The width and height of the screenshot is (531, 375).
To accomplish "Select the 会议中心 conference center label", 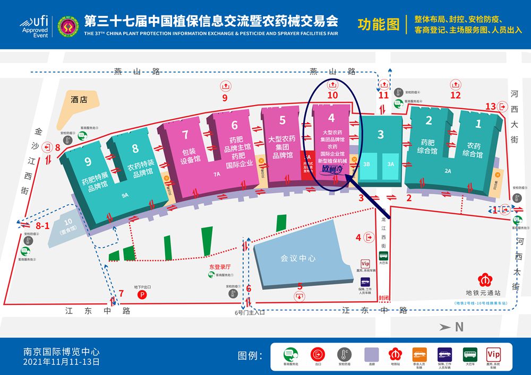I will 298,258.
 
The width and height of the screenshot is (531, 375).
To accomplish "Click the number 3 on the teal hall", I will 380,135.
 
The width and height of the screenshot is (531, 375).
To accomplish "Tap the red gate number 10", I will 332,95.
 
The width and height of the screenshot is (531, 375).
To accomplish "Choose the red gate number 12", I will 455,95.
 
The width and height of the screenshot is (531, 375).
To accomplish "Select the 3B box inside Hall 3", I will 366,164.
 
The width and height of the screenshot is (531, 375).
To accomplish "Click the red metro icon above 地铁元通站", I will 483,279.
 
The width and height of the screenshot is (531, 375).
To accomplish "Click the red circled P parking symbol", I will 142,294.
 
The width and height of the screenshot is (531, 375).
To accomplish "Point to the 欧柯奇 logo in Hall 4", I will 333,170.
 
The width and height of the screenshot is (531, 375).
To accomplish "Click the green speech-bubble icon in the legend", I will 289,352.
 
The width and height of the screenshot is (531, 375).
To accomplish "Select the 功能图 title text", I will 378,24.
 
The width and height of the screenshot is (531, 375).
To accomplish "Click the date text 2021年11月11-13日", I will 62,362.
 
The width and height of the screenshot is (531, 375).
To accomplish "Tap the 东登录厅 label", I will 220,267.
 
